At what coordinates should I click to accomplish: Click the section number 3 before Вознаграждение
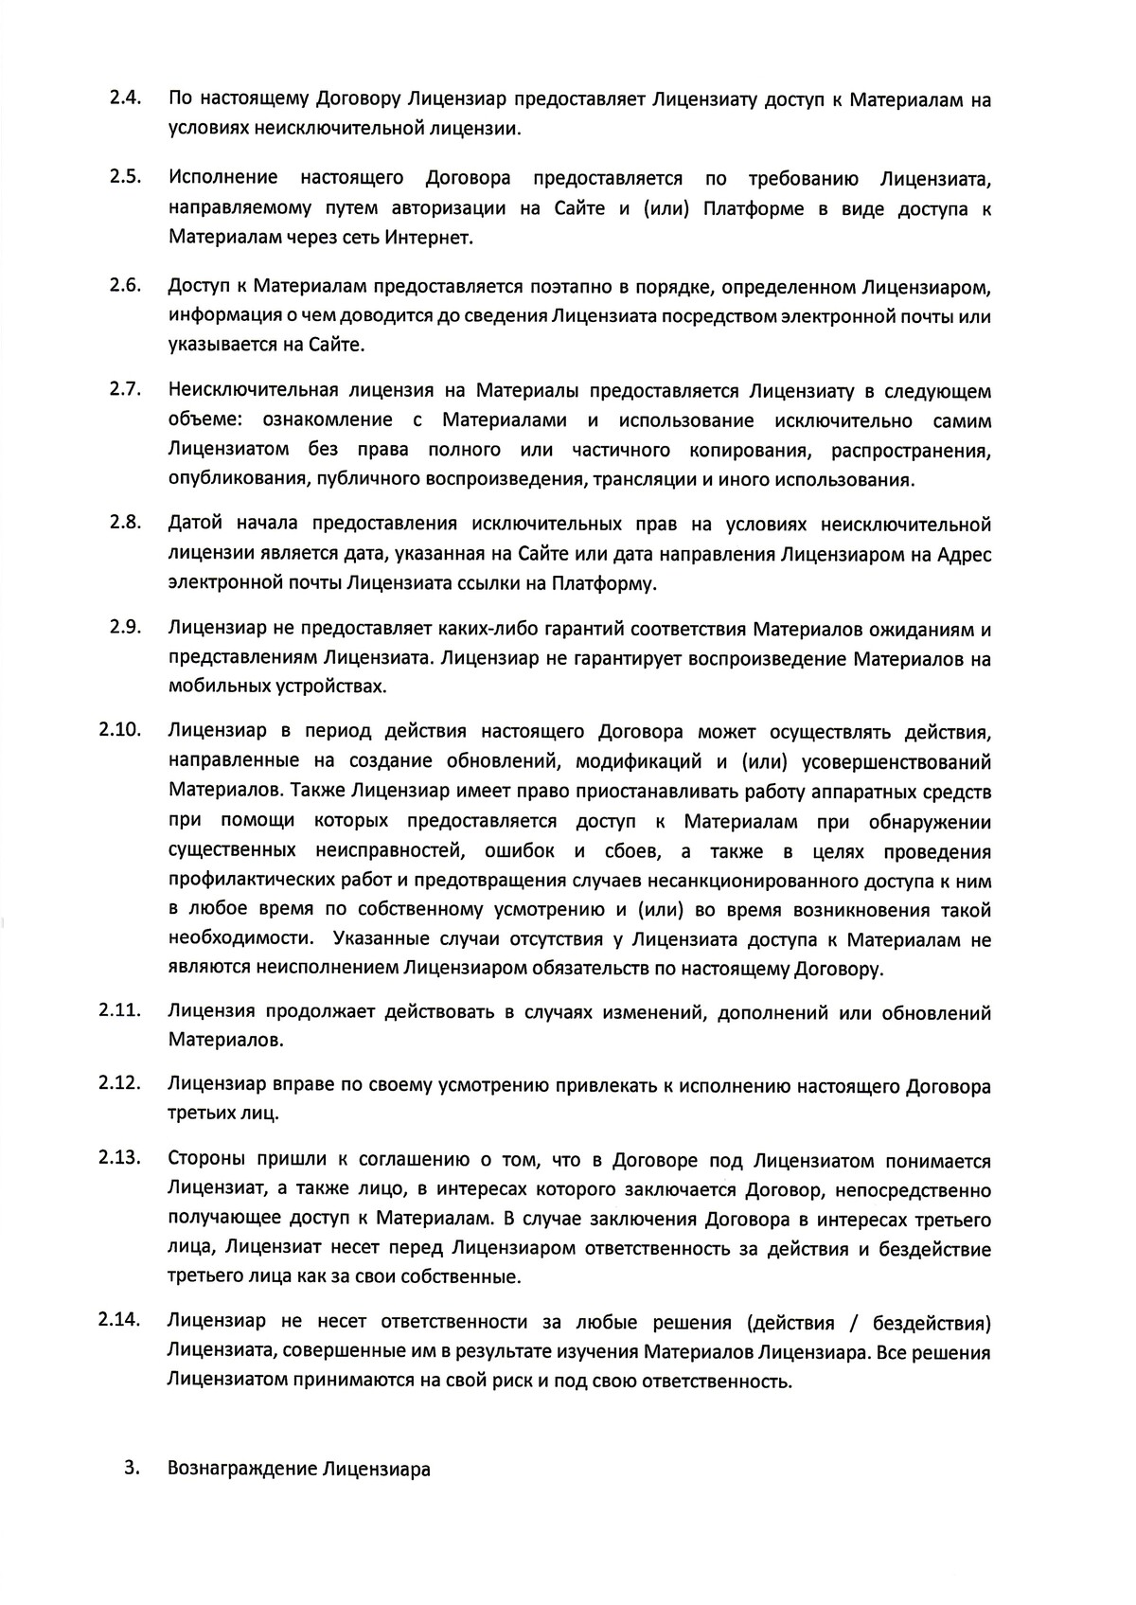132,1469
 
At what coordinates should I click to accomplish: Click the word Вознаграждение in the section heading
241,1470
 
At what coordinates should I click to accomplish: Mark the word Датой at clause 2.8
195,524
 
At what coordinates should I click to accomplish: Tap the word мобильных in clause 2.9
214,687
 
